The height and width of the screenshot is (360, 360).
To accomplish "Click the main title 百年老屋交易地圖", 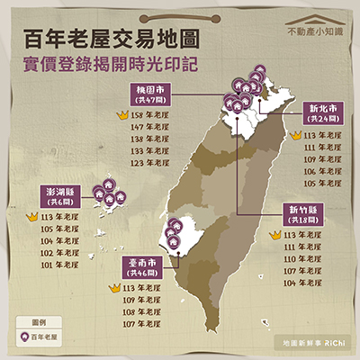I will (x=112, y=40).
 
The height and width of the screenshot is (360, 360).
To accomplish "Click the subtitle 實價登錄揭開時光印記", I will (x=112, y=67).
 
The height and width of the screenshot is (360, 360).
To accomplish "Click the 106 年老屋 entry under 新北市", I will (x=322, y=170).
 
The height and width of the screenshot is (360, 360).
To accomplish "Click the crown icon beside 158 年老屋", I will (x=121, y=116).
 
